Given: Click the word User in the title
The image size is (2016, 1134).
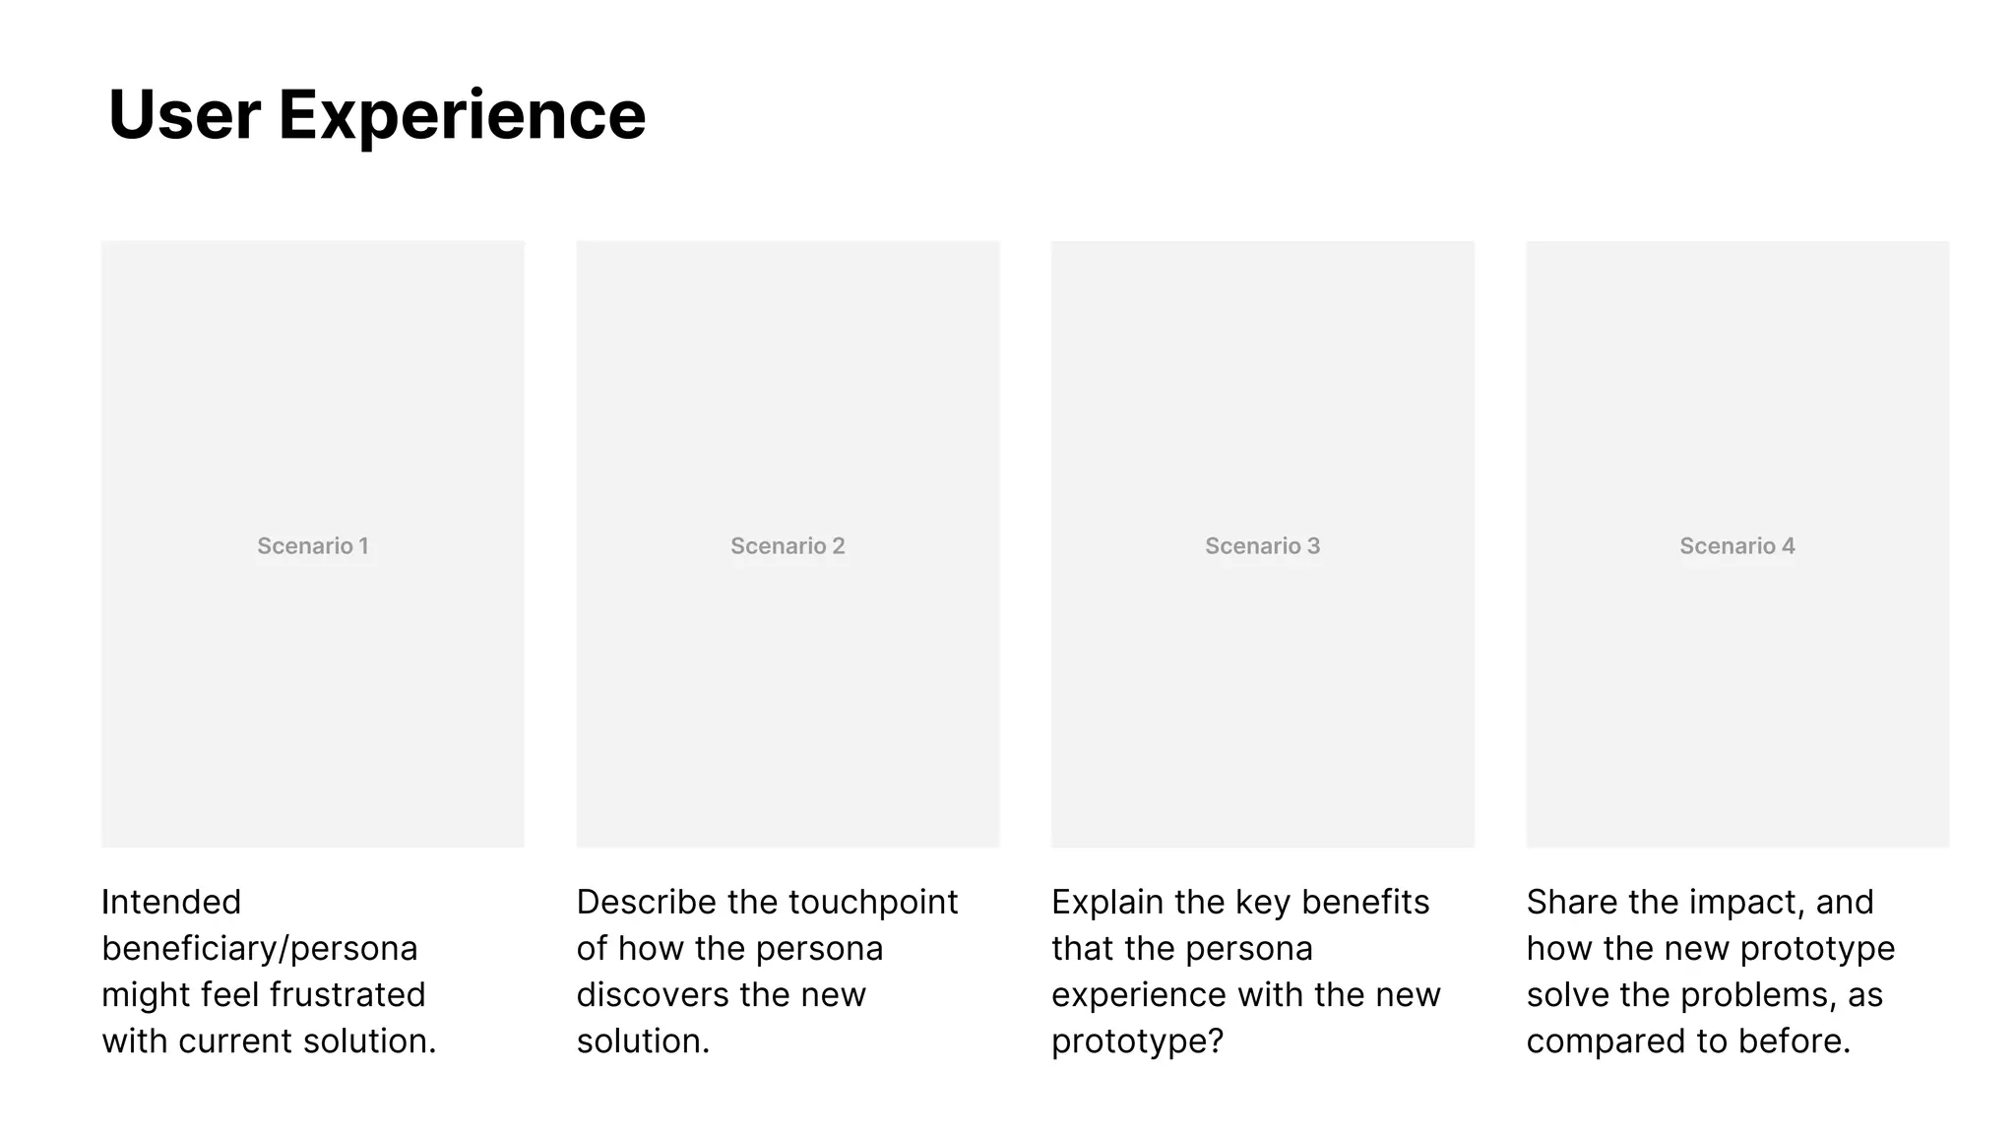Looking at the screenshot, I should (x=184, y=115).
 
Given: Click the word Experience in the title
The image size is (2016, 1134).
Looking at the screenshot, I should (x=462, y=115).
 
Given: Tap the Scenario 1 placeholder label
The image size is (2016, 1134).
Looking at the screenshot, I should (x=313, y=546).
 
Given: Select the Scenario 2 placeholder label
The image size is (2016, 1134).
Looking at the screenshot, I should (x=787, y=546).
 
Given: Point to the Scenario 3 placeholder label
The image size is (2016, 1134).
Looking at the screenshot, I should (x=1262, y=546).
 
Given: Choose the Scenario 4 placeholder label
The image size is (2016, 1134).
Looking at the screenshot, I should (x=1737, y=546).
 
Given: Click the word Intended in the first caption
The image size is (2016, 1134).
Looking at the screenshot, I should (x=171, y=902).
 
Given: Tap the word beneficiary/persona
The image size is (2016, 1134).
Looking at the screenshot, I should (x=260, y=948).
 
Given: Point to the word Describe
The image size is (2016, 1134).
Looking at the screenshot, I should (x=646, y=902).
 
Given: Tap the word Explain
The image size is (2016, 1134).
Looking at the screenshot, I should (x=1107, y=902).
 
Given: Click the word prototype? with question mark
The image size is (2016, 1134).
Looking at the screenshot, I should (x=1137, y=1041).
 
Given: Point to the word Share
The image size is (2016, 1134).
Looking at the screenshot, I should (x=1572, y=902).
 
